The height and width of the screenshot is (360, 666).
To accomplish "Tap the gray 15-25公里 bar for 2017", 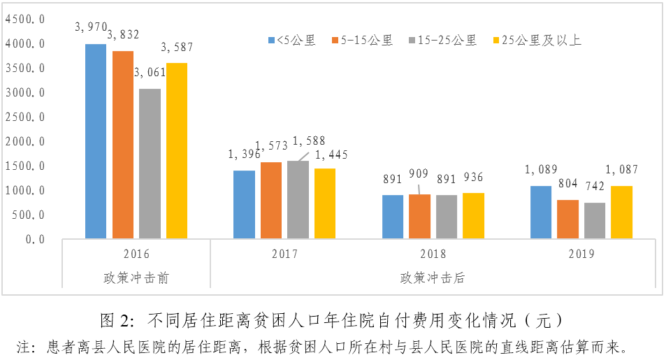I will click(x=298, y=200).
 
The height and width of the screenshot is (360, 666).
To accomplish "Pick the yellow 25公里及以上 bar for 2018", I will click(x=473, y=216).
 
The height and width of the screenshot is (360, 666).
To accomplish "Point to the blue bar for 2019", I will click(x=541, y=213).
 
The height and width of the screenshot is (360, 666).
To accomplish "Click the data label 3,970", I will click(x=91, y=27).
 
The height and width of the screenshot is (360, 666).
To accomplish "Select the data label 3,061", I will click(x=149, y=72).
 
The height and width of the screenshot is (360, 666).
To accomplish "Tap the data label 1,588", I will click(x=308, y=141).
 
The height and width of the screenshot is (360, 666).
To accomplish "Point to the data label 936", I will click(x=472, y=178).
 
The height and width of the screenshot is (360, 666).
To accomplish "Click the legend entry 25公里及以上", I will click(x=537, y=41).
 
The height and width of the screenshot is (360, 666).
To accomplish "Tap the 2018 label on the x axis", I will click(x=433, y=254).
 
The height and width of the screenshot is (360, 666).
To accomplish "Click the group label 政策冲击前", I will click(x=136, y=278).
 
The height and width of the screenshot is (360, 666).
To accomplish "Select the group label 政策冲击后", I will click(x=433, y=278).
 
